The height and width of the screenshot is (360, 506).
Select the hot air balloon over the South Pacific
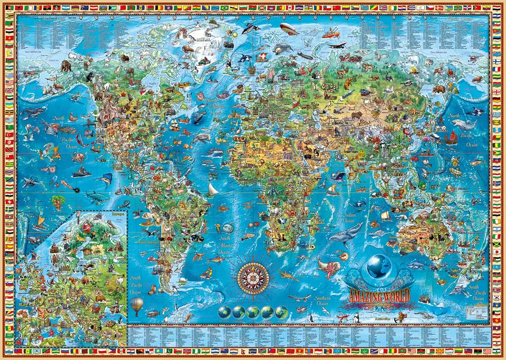coord(136,306)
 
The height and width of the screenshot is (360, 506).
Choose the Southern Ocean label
coord(323,300)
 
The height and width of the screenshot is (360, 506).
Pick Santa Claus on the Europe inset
coord(87,228)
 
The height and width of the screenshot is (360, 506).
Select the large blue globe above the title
coord(379,267)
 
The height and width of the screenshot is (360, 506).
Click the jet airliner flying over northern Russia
coord(337,45)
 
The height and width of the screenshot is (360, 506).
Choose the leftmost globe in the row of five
coord(225,312)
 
